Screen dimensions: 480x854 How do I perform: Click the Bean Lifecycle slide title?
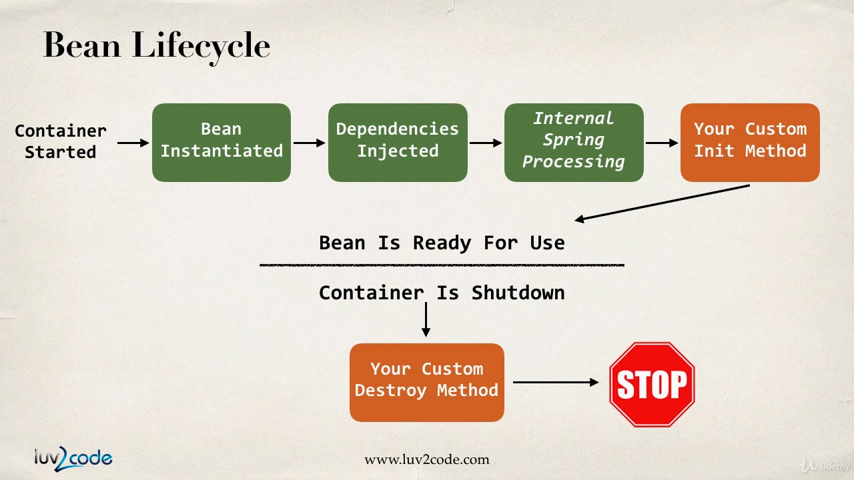click(156, 46)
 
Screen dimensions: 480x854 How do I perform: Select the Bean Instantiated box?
click(222, 142)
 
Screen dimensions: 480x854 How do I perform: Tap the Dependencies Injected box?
click(398, 142)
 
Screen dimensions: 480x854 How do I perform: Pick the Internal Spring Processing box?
click(574, 142)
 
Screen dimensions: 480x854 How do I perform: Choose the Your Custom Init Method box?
click(750, 142)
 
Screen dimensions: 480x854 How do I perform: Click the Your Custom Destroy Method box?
click(427, 382)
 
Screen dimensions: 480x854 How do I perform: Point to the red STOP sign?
click(652, 384)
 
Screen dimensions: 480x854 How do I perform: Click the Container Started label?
click(61, 141)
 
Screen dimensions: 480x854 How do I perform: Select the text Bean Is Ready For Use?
click(442, 243)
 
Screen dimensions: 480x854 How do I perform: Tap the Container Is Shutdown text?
click(442, 293)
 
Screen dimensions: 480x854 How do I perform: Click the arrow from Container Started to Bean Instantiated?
click(133, 143)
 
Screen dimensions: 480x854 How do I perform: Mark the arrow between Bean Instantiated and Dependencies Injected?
click(310, 143)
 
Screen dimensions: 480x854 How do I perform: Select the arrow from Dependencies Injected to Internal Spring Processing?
click(486, 143)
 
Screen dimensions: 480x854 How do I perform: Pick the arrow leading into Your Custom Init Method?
click(662, 143)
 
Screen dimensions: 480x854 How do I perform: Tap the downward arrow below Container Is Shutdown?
click(426, 320)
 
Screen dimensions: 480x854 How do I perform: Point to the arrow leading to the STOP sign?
click(556, 382)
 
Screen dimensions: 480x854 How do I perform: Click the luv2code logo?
click(73, 457)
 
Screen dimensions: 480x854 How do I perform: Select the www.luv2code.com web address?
click(426, 459)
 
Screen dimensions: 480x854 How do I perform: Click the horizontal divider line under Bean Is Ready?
click(442, 265)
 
